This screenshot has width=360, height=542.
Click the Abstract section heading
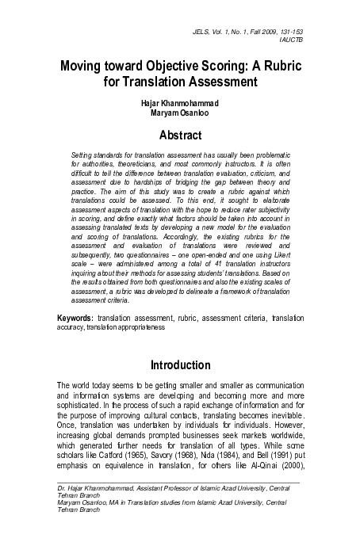click(180, 135)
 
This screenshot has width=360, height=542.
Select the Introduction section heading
click(180, 365)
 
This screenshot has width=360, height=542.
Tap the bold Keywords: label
click(75, 338)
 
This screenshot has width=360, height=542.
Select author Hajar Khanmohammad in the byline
click(180, 103)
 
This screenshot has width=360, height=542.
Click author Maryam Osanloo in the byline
click(180, 113)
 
